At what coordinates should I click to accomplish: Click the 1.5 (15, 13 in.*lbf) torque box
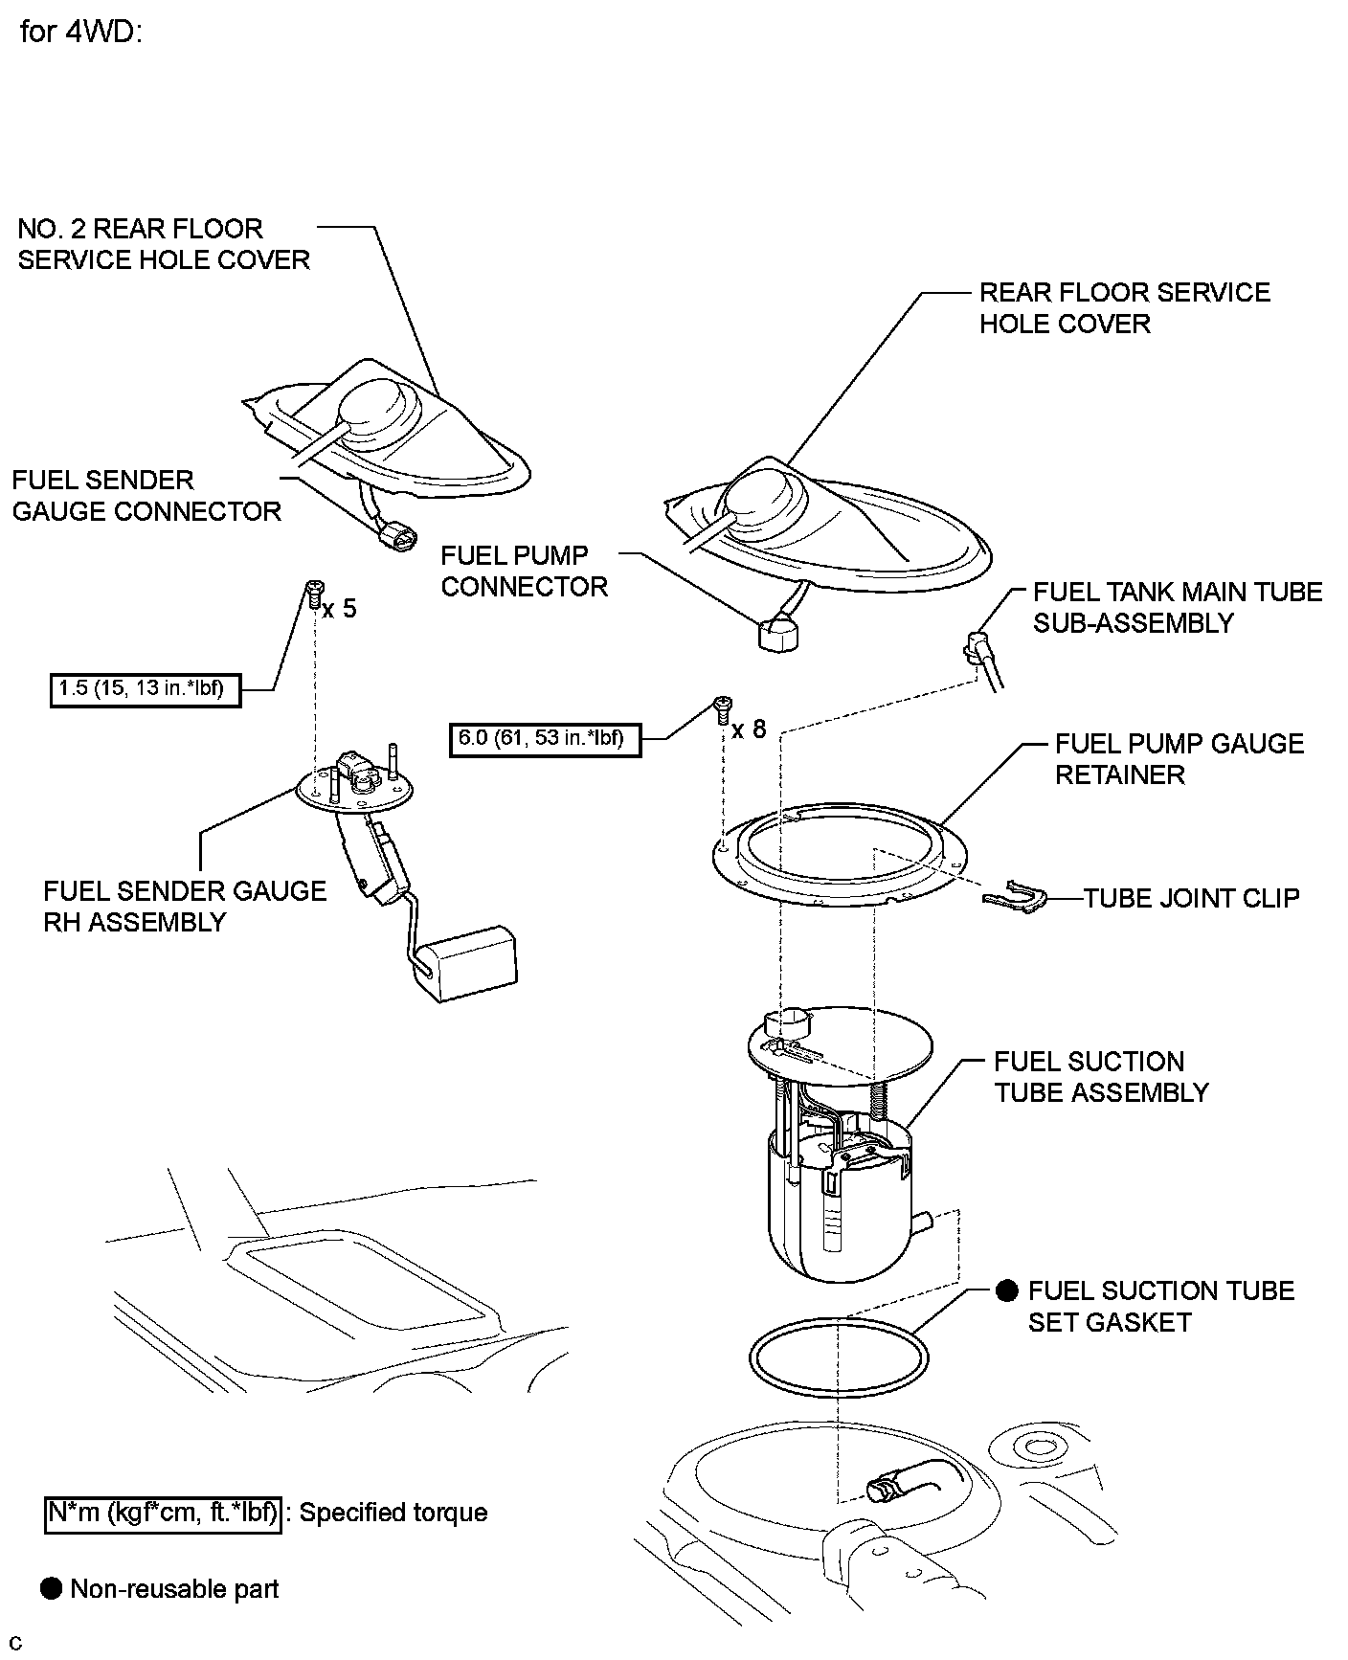[145, 689]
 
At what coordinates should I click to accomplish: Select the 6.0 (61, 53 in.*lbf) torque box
[544, 739]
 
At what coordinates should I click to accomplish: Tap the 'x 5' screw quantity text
[340, 609]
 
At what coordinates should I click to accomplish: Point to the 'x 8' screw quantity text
[750, 729]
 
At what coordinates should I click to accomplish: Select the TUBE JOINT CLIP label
[1191, 898]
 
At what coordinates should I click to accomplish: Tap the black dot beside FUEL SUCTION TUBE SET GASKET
[1006, 1290]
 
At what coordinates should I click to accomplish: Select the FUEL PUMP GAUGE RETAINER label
[1179, 759]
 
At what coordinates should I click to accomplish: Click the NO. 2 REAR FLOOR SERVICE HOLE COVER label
[164, 244]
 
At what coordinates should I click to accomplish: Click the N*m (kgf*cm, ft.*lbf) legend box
[163, 1513]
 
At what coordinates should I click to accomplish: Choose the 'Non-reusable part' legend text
[174, 1589]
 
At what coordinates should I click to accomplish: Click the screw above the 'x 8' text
[723, 707]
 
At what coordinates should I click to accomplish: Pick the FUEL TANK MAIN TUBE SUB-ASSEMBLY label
[1177, 607]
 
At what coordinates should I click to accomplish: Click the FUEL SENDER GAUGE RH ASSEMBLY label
[185, 907]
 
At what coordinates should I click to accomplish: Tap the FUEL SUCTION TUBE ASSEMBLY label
[1101, 1077]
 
